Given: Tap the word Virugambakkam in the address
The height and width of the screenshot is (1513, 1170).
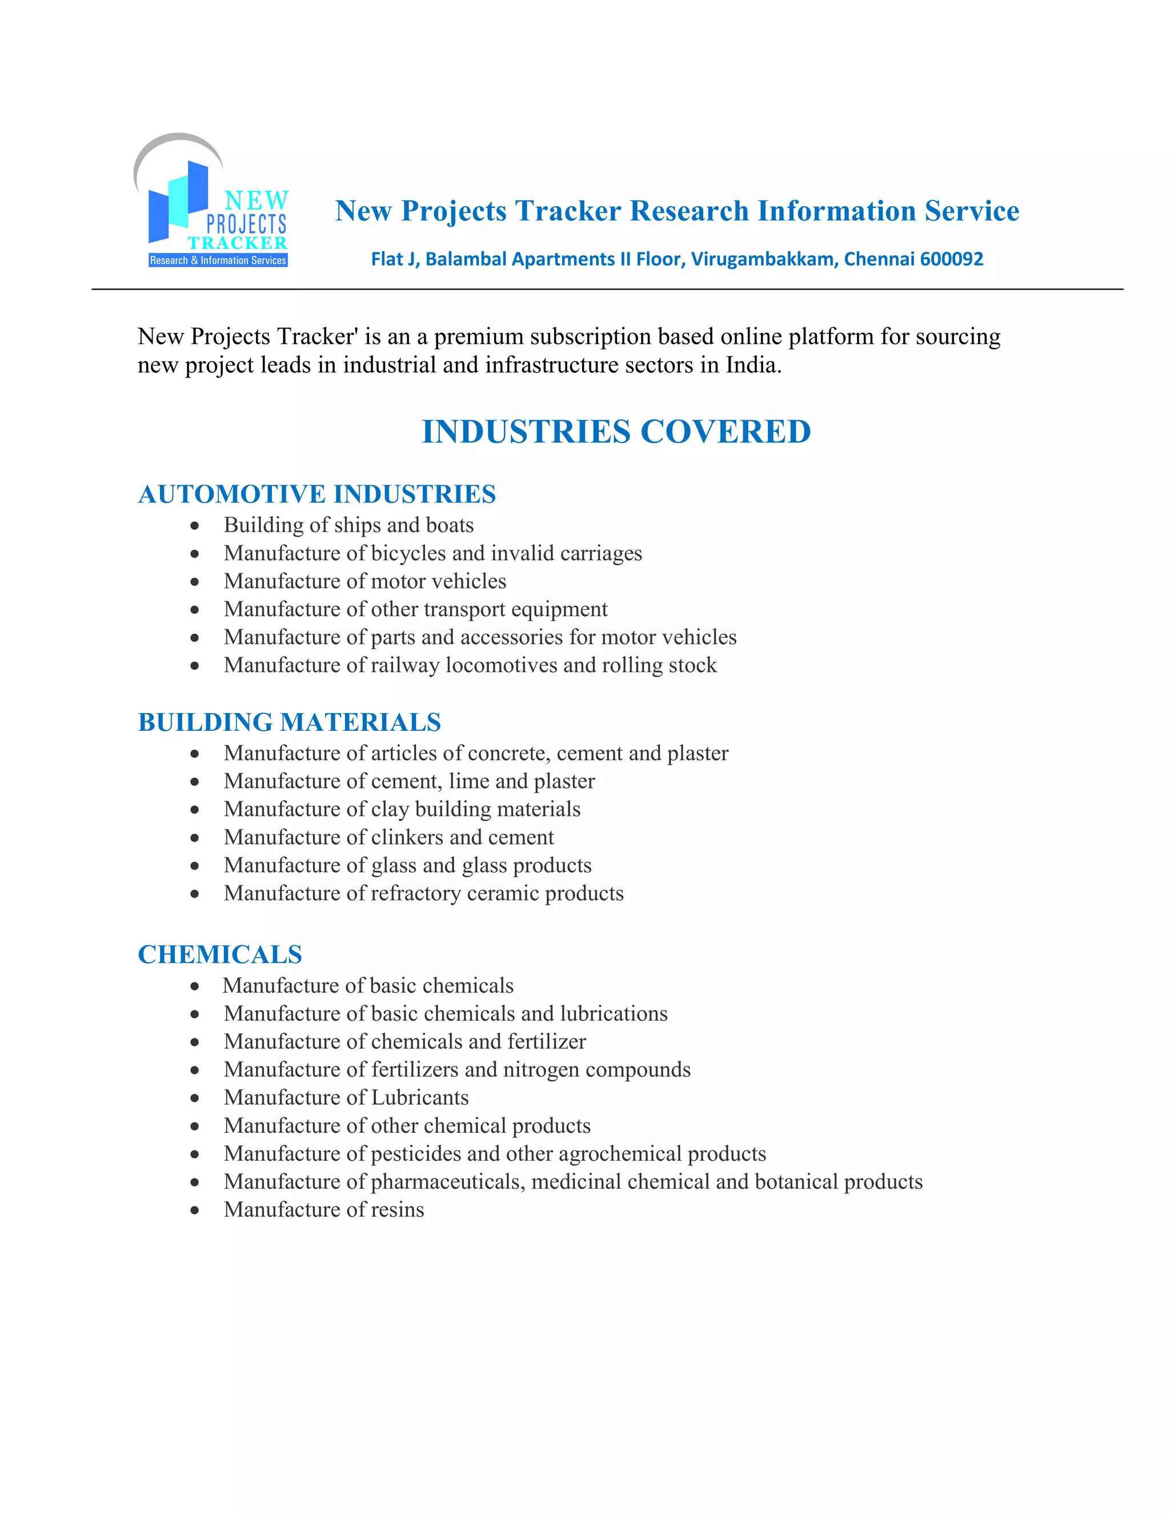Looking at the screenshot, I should [x=764, y=259].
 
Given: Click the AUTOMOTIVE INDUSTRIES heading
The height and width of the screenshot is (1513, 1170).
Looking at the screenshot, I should [x=316, y=494].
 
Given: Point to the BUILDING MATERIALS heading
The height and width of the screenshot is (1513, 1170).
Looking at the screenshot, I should [x=289, y=722].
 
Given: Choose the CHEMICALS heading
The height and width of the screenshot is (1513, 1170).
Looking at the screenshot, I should [x=220, y=954].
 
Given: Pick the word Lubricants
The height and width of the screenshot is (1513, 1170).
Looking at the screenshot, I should [x=419, y=1098].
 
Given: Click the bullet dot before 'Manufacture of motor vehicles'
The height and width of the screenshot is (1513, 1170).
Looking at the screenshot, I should [x=195, y=582].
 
